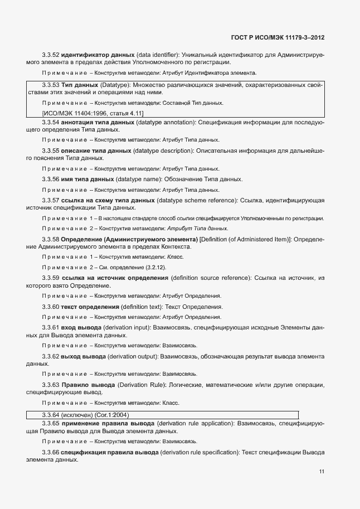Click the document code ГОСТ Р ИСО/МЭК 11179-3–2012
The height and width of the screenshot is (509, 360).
278,37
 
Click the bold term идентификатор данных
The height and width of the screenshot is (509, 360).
98,55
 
